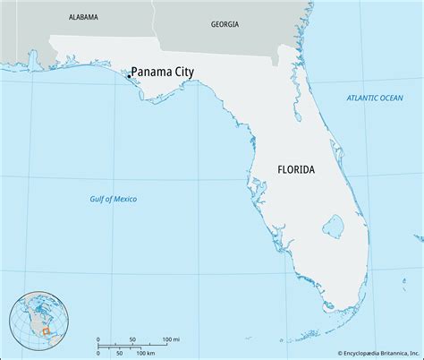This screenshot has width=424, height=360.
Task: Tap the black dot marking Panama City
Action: [x=130, y=77]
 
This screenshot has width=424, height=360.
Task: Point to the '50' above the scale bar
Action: [x=132, y=339]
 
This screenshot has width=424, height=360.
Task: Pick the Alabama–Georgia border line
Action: [x=154, y=18]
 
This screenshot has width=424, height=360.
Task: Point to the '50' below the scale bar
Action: [x=120, y=352]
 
